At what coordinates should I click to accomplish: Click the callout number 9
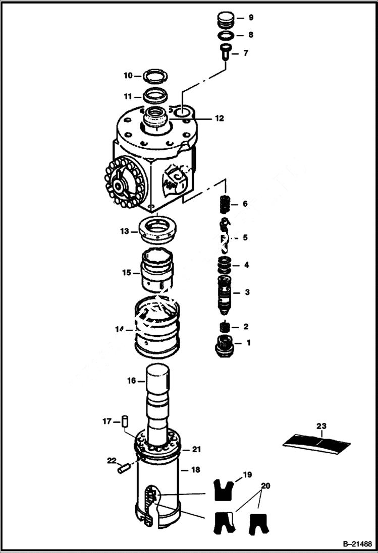[250, 18]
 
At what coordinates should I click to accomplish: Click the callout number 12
[219, 119]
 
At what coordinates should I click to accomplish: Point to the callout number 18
[196, 469]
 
